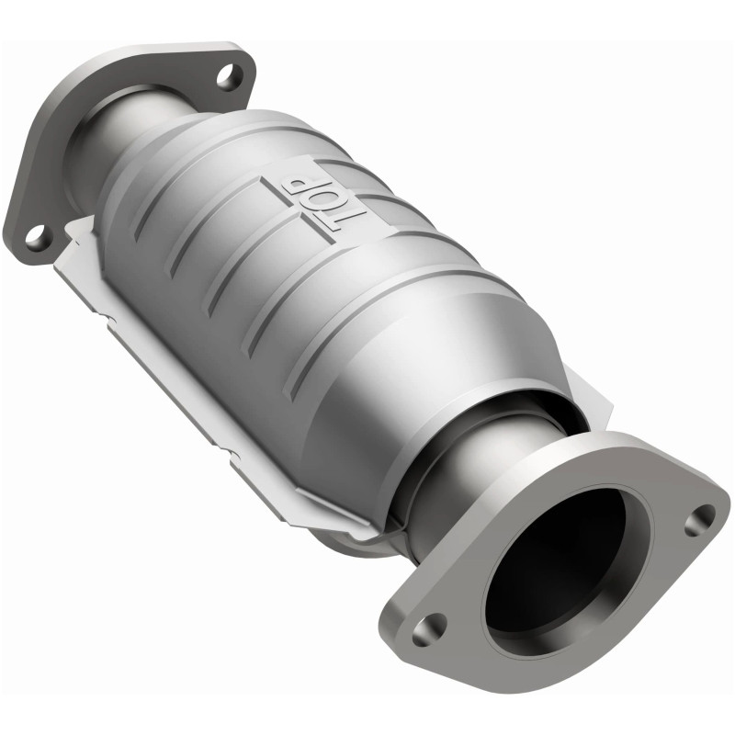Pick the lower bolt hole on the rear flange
pos(36,235)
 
